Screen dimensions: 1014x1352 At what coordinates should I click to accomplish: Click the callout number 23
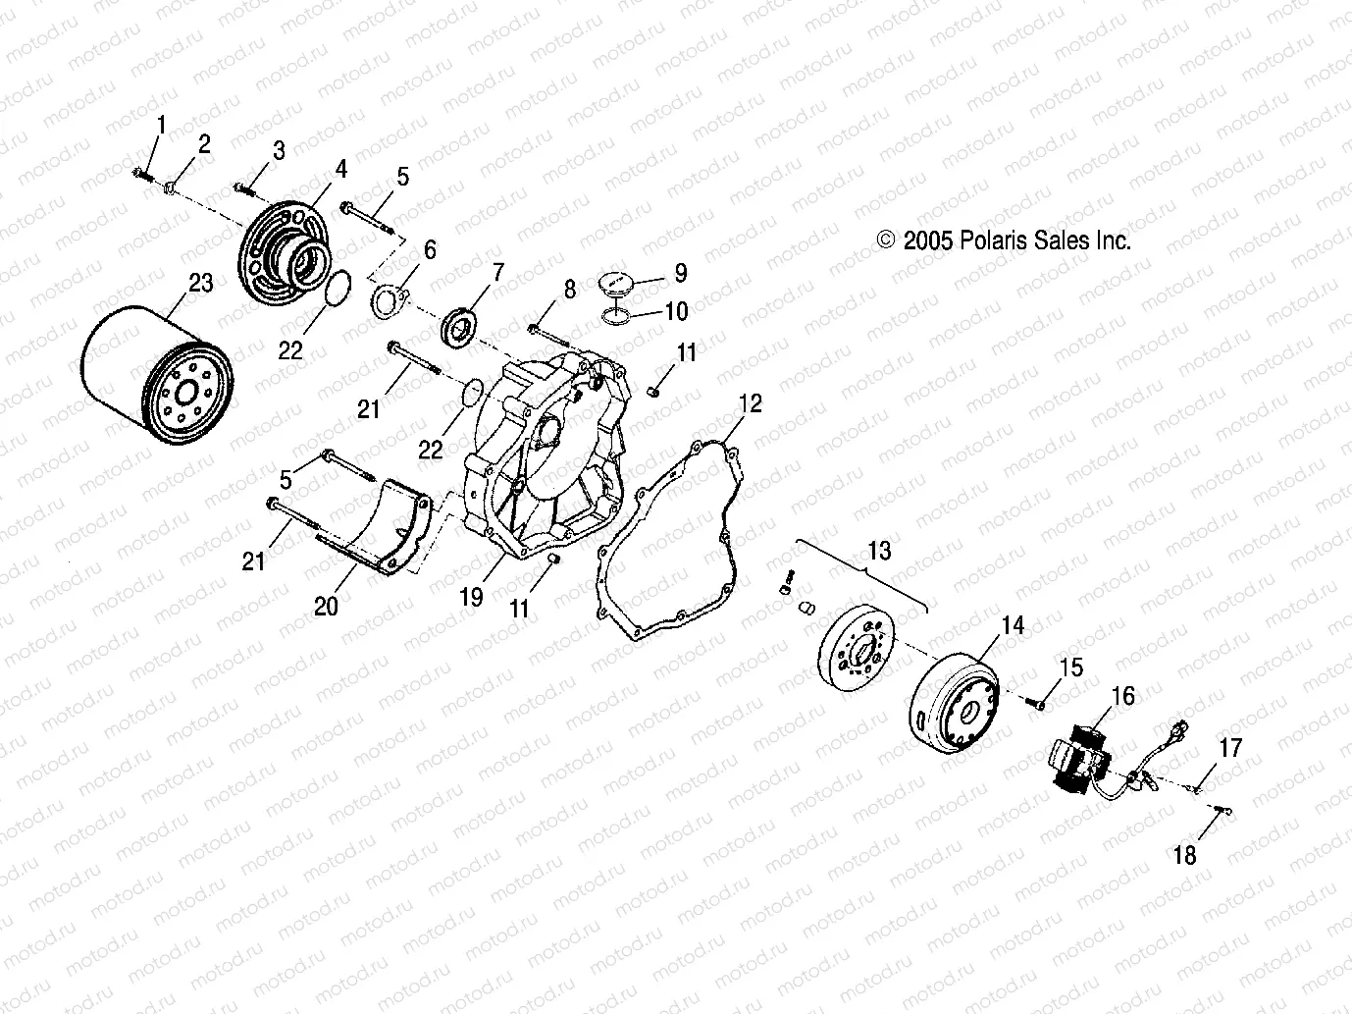tap(200, 284)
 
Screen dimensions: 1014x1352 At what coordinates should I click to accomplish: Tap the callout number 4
tap(340, 169)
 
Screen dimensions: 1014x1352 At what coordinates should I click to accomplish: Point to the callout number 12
tap(751, 402)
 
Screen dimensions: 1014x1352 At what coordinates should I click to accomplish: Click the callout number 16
tap(1122, 696)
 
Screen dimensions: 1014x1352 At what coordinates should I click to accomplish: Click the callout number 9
tap(680, 273)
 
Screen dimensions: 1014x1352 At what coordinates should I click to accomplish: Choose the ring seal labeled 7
tap(459, 325)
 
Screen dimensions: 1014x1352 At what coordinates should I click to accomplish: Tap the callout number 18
tap(1184, 855)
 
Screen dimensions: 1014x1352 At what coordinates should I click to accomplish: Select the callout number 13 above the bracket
tap(879, 551)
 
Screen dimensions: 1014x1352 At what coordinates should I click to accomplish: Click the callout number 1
tap(162, 125)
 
